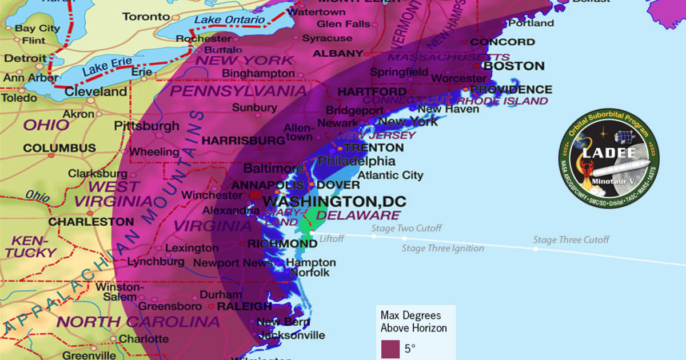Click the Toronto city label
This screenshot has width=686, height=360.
point(146,17)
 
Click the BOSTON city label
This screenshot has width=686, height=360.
point(514,66)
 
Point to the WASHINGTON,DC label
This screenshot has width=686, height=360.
point(334,201)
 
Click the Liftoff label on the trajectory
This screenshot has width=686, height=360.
point(332,239)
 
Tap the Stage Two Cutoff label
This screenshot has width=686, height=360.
point(406,229)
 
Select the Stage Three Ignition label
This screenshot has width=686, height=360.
point(442,248)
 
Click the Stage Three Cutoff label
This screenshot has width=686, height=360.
point(571,240)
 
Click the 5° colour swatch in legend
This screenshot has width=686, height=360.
point(390,349)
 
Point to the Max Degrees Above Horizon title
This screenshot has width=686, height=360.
point(414,322)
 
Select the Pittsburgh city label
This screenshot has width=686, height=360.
point(146,126)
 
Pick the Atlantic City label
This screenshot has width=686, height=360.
point(390,175)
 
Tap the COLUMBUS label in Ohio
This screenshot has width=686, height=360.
point(59,148)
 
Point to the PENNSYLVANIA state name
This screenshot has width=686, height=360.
point(238,91)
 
